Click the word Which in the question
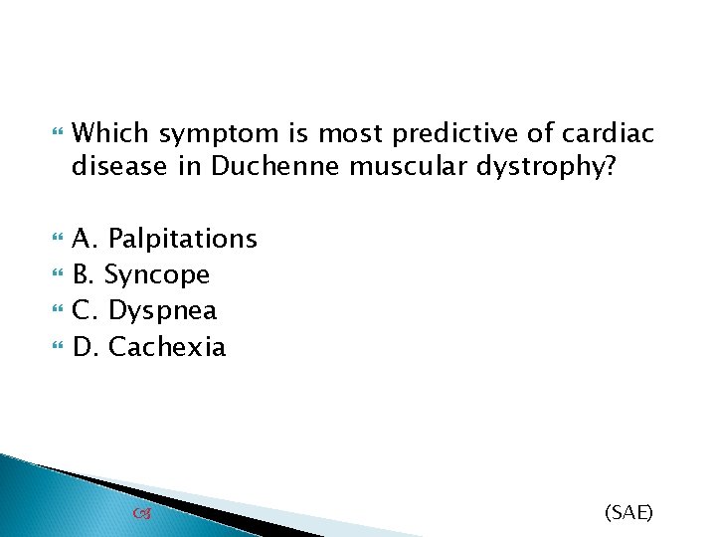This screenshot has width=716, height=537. pos(112,132)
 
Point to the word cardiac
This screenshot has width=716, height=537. pos(606,132)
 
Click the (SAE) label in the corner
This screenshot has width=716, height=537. pos(628,512)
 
